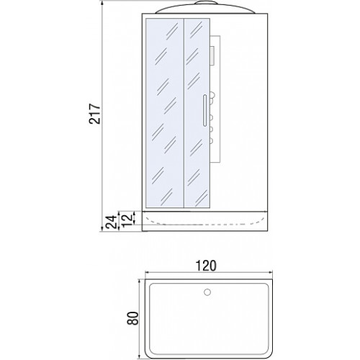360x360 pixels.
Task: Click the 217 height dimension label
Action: pyautogui.click(x=95, y=114)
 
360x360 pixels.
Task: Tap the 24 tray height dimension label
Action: pyautogui.click(x=112, y=222)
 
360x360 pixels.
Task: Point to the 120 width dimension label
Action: pyautogui.click(x=206, y=266)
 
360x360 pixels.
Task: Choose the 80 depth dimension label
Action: pyautogui.click(x=132, y=318)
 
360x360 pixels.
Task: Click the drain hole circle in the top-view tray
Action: pyautogui.click(x=207, y=292)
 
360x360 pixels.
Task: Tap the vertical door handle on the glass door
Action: pyautogui.click(x=204, y=110)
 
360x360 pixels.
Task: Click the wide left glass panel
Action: pyautogui.click(x=165, y=113)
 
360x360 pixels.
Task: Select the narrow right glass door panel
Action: pyautogui.click(x=197, y=113)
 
